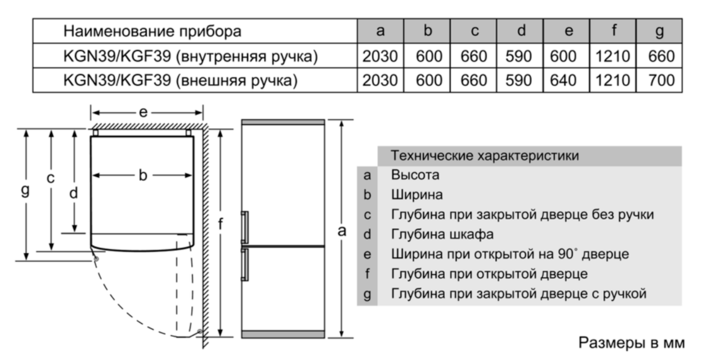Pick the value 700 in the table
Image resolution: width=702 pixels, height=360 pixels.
coord(661,80)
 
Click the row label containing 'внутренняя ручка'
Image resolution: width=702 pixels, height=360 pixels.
coord(190,57)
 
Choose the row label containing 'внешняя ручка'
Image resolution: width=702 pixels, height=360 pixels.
coord(180,80)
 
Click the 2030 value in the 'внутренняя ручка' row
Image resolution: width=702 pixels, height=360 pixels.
coord(380,57)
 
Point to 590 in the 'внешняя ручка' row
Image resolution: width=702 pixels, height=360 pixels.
coord(519,80)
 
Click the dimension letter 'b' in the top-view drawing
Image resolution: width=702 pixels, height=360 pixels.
coord(143,175)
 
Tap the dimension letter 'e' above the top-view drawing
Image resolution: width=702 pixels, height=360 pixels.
coord(143,112)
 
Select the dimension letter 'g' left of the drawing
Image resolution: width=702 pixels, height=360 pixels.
coord(26,191)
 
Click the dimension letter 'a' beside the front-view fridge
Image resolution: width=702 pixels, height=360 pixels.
coord(342,231)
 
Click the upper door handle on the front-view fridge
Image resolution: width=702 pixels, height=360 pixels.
coord(244,227)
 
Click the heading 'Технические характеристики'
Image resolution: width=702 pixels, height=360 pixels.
coord(485,156)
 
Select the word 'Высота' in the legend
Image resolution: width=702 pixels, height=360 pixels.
coord(415,175)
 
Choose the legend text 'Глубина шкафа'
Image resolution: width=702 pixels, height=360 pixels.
coord(442,234)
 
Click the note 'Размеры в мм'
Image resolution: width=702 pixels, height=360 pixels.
coord(632,343)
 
